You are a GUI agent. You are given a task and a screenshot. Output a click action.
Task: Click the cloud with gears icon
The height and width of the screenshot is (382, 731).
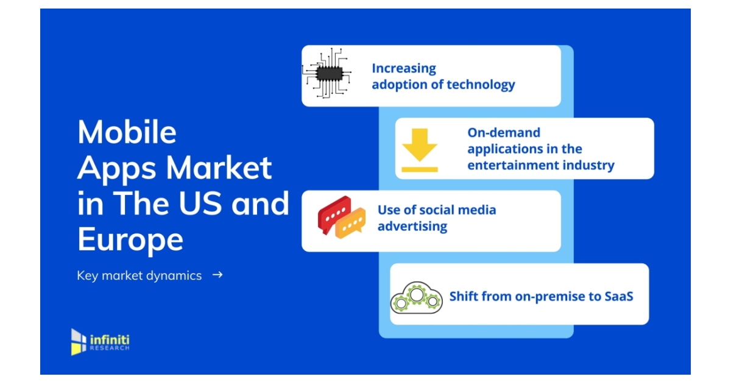pyautogui.click(x=416, y=297)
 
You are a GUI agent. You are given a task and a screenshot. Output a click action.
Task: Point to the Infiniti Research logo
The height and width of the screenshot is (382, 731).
pyautogui.click(x=100, y=342)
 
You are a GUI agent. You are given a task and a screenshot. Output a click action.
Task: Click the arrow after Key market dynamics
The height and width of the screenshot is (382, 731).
pyautogui.click(x=217, y=275)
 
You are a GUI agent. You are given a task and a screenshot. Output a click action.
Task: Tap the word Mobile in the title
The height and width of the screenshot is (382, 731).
pyautogui.click(x=127, y=132)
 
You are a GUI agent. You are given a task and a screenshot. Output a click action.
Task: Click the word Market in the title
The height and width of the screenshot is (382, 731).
pyautogui.click(x=219, y=168)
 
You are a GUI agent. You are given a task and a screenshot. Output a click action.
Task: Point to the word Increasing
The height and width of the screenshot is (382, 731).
pyautogui.click(x=404, y=68)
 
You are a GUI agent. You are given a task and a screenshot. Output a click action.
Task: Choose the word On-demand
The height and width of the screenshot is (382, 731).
pyautogui.click(x=504, y=132)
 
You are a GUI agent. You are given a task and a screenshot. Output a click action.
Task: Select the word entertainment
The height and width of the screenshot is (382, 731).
pyautogui.click(x=515, y=165)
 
